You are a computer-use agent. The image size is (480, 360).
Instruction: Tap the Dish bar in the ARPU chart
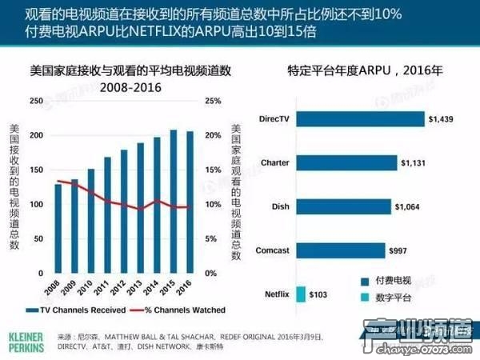343,206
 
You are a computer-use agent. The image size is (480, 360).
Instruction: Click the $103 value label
318,295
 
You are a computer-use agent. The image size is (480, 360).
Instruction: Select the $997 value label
398,251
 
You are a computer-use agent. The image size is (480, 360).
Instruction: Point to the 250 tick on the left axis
38,101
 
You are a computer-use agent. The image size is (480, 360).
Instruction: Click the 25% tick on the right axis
214,101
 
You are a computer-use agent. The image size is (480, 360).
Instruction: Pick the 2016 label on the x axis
187,286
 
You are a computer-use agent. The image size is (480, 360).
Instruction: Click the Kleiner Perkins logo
26,336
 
